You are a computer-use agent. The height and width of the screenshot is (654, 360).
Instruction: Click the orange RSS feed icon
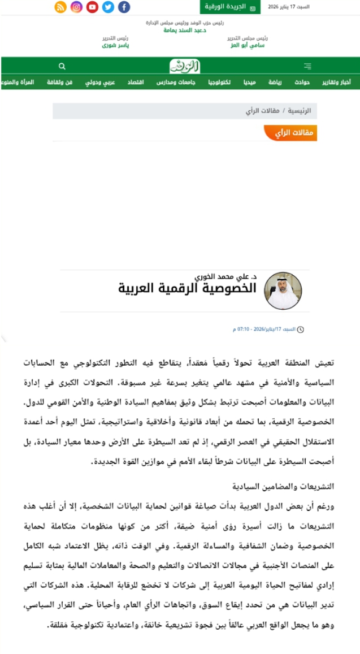(x=60, y=7)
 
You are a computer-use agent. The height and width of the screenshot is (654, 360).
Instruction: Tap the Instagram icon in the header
(x=76, y=7)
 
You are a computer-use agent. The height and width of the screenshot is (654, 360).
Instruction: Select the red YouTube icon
(x=92, y=7)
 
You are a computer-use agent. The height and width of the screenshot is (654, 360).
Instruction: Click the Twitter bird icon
(x=108, y=7)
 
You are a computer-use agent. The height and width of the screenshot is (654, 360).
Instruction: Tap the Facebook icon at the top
(x=124, y=7)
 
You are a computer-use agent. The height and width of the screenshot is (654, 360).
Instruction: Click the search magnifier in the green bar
(x=62, y=66)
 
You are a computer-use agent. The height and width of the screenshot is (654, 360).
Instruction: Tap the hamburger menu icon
(x=307, y=66)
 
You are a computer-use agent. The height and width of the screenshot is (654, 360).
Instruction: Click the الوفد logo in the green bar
(x=185, y=66)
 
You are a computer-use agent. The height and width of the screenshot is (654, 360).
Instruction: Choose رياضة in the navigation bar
(x=275, y=83)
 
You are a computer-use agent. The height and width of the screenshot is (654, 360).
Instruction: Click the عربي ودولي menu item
(x=100, y=83)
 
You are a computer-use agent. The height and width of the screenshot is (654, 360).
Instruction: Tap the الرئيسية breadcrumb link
(x=300, y=111)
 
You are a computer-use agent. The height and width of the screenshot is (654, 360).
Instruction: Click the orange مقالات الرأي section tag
(x=290, y=133)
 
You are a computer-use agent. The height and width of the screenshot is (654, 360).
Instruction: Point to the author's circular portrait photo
(x=283, y=291)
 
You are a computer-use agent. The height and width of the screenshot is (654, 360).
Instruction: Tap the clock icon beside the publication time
(x=301, y=329)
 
